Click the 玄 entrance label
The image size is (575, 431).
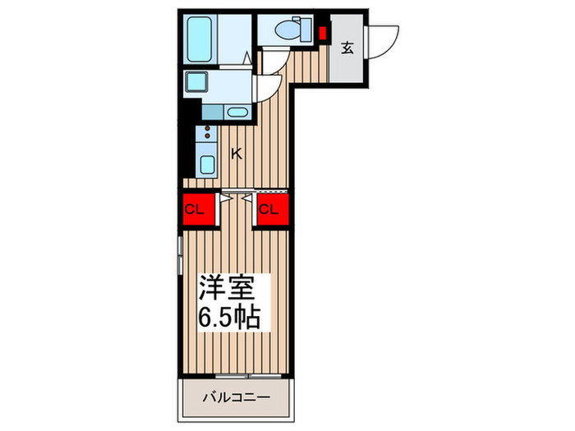click(x=347, y=48)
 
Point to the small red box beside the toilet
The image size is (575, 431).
click(x=323, y=34)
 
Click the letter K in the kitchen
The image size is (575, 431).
click(x=236, y=153)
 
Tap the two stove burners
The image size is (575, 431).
click(x=207, y=132)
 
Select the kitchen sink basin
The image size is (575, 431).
click(x=207, y=163)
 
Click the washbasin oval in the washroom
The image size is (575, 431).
click(x=237, y=112)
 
